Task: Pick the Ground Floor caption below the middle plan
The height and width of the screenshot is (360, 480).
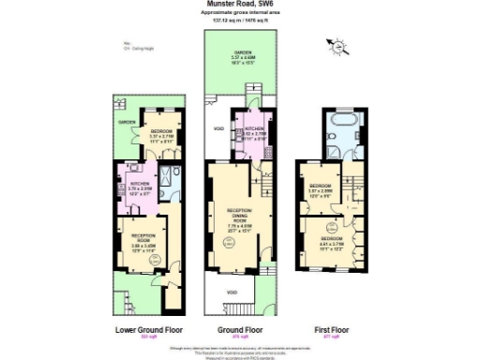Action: (240, 330)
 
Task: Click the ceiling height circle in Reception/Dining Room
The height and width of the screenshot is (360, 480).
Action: (226, 245)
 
